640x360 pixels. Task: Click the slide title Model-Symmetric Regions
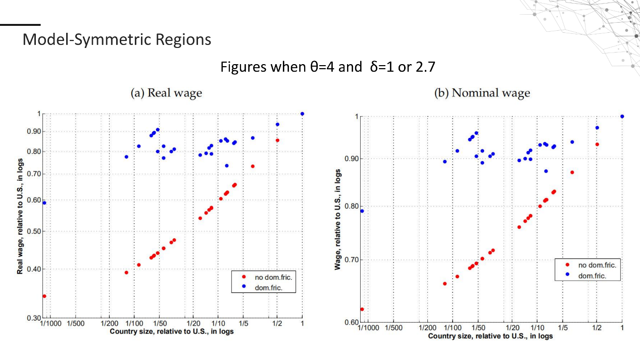[x=117, y=39]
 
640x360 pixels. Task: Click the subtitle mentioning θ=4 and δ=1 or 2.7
[x=328, y=67]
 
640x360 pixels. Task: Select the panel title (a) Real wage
[x=166, y=93]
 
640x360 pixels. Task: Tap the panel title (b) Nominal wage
[x=482, y=93]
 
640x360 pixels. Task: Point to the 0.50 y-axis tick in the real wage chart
[x=34, y=231]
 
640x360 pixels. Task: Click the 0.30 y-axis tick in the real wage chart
[x=34, y=318]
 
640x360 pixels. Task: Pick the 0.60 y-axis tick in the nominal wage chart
[x=352, y=322]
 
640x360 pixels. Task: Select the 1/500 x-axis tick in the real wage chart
[x=76, y=324]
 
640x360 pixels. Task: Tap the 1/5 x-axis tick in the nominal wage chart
[x=563, y=328]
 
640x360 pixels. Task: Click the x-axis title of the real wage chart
[x=172, y=331]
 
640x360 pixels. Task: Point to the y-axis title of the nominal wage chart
[x=338, y=219]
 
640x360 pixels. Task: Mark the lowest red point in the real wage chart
[x=44, y=296]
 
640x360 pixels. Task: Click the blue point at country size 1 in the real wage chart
[x=302, y=114]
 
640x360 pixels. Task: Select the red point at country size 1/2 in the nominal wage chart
[x=597, y=144]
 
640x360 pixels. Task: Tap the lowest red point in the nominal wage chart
[x=362, y=309]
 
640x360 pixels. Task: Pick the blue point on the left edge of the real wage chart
[x=44, y=203]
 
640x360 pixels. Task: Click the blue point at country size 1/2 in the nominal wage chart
[x=597, y=128]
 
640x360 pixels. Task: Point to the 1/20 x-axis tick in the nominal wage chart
[x=513, y=328]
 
